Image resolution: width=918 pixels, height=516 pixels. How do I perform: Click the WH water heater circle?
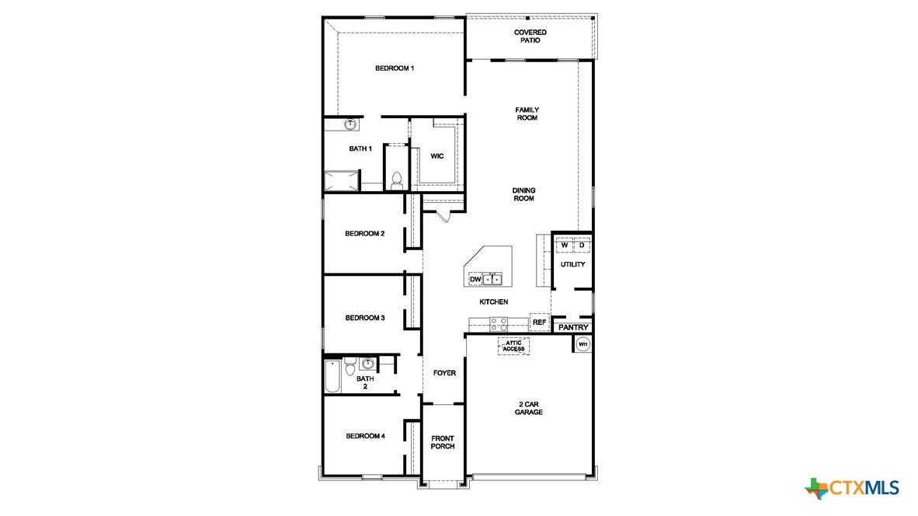tap(582, 343)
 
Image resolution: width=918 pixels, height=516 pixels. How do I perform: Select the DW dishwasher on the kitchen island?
tap(475, 279)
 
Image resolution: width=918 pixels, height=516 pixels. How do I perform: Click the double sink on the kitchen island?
tap(493, 279)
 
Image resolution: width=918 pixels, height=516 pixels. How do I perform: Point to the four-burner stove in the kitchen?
tap(498, 324)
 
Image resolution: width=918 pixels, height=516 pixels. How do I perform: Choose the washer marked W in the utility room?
tap(565, 246)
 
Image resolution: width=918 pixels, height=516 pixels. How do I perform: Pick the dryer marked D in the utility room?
tap(581, 246)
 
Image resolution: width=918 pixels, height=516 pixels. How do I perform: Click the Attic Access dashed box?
tap(513, 346)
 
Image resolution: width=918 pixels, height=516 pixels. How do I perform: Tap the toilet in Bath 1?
tap(396, 180)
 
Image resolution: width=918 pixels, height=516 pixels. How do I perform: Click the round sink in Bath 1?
tap(350, 124)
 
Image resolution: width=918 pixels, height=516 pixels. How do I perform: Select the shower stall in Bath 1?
tap(342, 181)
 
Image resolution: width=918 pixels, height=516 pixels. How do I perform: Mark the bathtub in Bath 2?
tap(332, 377)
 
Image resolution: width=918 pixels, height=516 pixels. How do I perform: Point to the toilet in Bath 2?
tap(350, 364)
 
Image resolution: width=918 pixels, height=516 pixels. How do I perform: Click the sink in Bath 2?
tap(368, 363)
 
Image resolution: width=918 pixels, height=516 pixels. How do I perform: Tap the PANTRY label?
tap(573, 328)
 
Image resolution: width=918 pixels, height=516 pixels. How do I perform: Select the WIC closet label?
tap(437, 156)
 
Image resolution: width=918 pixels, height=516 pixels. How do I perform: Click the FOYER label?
tap(444, 373)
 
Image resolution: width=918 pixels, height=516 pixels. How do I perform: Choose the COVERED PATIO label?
tap(530, 36)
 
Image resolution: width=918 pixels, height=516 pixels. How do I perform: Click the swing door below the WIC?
tap(443, 214)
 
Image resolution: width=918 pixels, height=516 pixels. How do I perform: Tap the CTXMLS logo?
tap(852, 488)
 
